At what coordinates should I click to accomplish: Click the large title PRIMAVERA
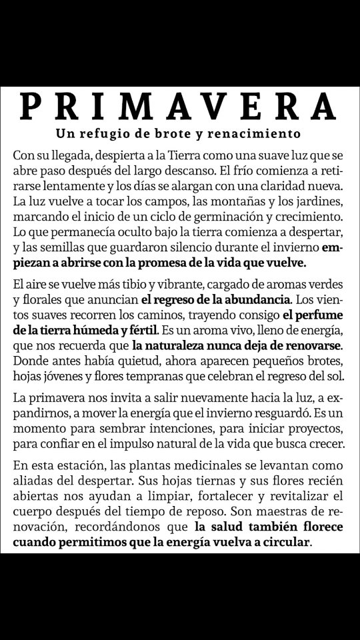tap(179, 105)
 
